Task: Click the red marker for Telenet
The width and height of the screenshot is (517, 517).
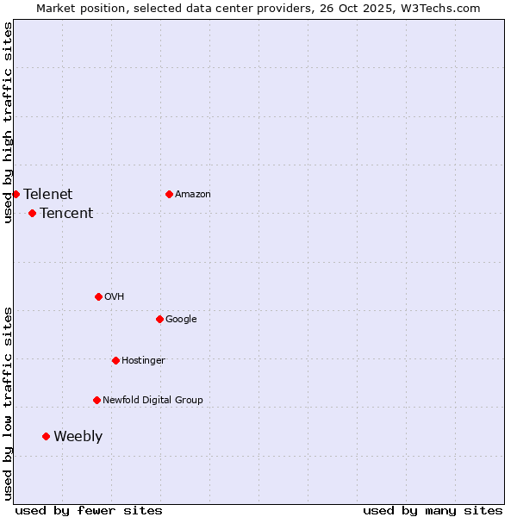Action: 16,194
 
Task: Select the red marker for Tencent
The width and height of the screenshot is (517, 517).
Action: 32,213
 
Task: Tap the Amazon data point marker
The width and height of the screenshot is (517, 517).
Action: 169,194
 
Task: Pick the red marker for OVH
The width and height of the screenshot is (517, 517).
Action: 98,296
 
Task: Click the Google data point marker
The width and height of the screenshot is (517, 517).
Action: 159,319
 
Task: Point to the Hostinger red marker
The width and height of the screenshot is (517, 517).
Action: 115,360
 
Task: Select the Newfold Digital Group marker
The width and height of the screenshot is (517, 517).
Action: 97,400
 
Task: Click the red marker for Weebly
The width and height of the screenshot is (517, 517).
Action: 46,436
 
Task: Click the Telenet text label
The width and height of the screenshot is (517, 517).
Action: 48,194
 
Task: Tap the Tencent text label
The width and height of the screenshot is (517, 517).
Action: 66,213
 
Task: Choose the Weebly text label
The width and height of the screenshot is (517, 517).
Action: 78,436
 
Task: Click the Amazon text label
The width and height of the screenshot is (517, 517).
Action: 193,194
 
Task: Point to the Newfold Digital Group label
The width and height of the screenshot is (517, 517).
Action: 153,400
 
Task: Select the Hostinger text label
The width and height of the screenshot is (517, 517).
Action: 143,360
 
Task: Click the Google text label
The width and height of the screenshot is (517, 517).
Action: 181,319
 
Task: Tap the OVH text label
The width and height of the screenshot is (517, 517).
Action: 114,296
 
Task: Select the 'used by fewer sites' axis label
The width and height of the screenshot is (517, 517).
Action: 89,510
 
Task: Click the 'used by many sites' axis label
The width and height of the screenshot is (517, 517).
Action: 433,510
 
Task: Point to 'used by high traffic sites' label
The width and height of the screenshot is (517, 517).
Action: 8,122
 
